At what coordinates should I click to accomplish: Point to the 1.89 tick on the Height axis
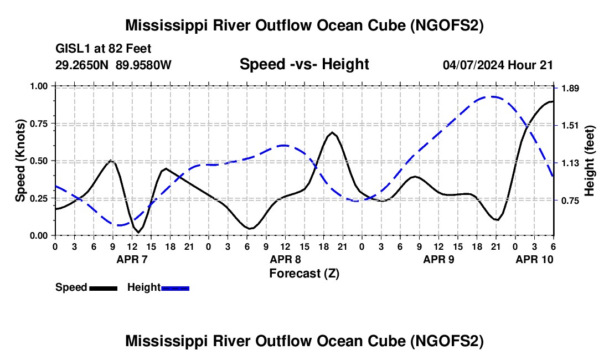tap(570, 89)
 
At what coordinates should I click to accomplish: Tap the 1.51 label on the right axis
tap(570, 125)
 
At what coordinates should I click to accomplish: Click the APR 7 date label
tap(132, 259)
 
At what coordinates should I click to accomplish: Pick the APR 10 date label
tap(534, 259)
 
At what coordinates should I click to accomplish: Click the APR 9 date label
tap(438, 259)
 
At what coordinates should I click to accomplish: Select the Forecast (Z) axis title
tap(304, 274)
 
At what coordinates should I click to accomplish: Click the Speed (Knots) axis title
tap(20, 161)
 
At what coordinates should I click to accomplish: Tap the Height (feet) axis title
tap(589, 161)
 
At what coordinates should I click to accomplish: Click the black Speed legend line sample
tap(104, 288)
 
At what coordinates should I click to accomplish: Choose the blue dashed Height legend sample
tap(175, 288)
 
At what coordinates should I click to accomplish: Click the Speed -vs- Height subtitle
tap(304, 64)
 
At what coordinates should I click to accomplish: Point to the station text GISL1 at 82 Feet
tap(104, 49)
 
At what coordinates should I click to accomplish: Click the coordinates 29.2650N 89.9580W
tap(113, 65)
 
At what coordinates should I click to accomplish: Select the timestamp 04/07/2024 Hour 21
tap(498, 65)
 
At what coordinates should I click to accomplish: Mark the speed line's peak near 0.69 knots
tap(333, 132)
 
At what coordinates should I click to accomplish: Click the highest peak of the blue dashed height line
tap(492, 97)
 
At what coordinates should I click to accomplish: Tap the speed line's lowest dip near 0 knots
tap(138, 232)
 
